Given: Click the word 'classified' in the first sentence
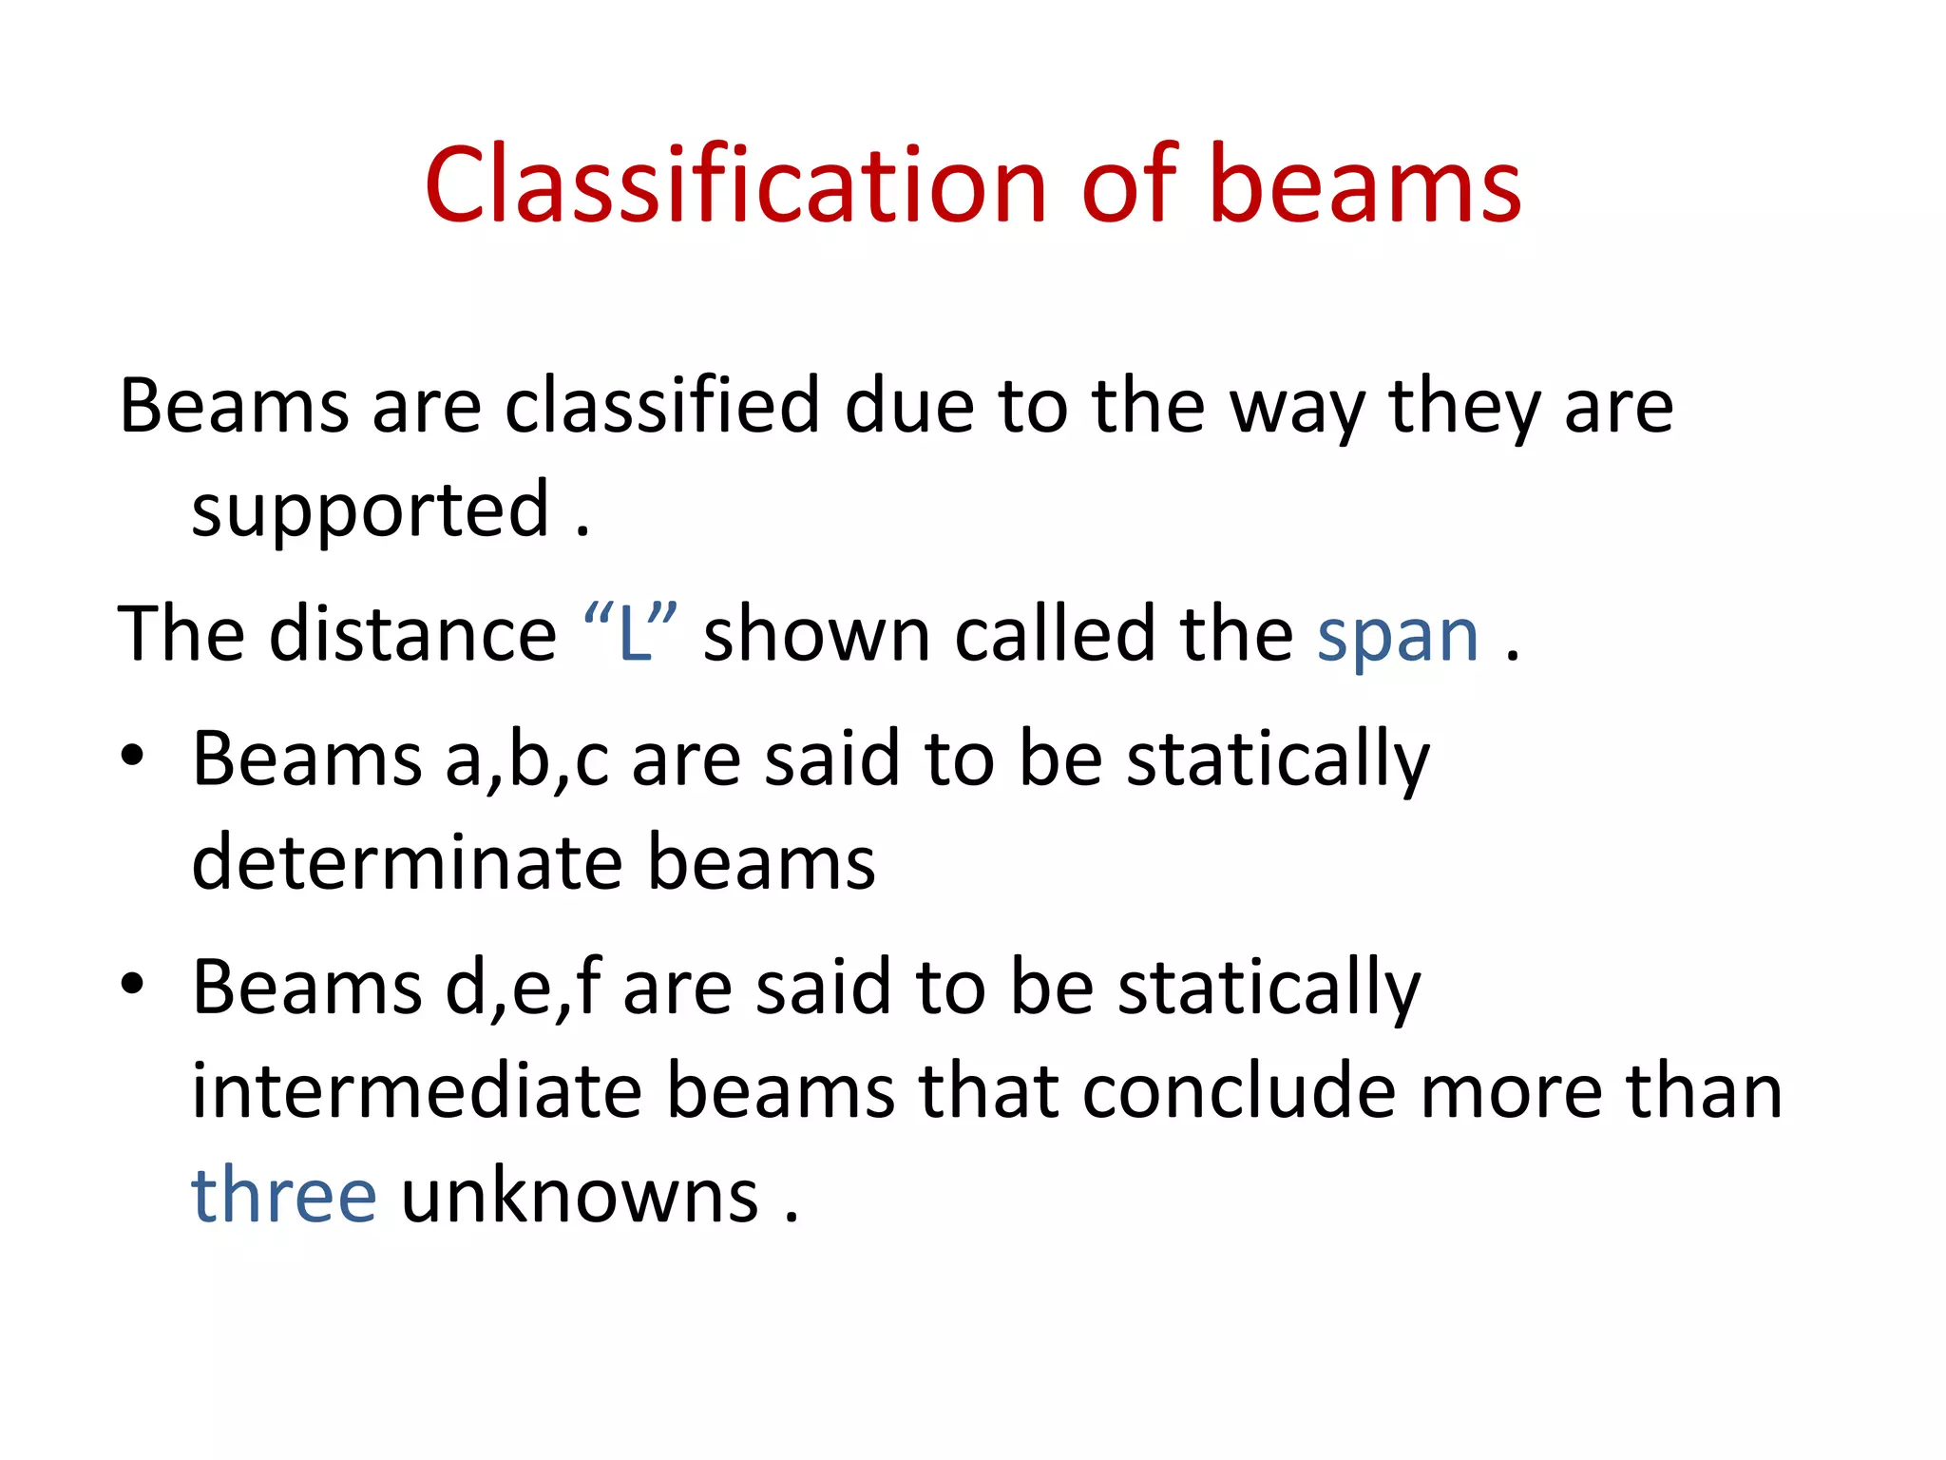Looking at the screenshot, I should coord(661,406).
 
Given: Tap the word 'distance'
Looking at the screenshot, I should coord(412,634).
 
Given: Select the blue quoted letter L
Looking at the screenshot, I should coord(633,634).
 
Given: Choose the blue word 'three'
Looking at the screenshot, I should coord(284,1195).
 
